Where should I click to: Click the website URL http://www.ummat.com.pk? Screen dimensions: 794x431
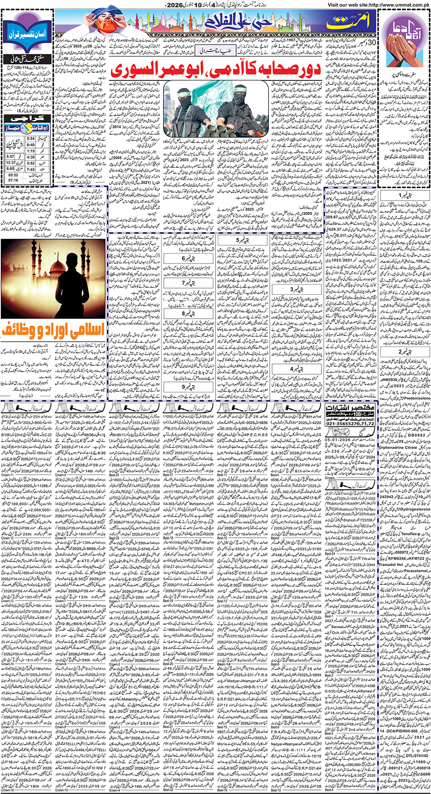click(x=378, y=4)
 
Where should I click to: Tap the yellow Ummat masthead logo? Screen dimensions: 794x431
click(x=348, y=22)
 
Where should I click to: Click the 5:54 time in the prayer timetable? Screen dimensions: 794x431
click(x=31, y=139)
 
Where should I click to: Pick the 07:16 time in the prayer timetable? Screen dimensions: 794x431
click(x=13, y=180)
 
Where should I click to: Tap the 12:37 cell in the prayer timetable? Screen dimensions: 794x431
click(x=11, y=162)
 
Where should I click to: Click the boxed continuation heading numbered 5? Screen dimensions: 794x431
click(x=242, y=240)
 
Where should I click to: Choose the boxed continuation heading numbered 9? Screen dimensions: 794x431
click(x=188, y=386)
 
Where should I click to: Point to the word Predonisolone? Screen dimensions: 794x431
click(x=413, y=398)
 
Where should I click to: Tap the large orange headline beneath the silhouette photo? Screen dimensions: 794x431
click(x=53, y=331)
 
